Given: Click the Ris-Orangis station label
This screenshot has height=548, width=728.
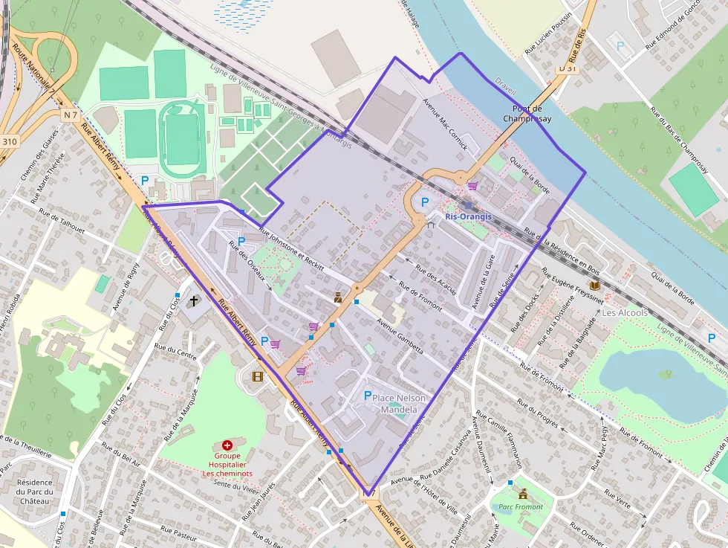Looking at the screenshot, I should pyautogui.click(x=468, y=216).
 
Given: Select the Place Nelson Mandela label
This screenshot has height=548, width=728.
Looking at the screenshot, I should pyautogui.click(x=403, y=404).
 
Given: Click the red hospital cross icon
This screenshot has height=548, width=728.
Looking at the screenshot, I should pyautogui.click(x=227, y=445).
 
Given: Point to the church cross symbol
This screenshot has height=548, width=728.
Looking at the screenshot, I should pyautogui.click(x=194, y=301).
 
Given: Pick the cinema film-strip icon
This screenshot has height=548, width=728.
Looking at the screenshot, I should pyautogui.click(x=257, y=376).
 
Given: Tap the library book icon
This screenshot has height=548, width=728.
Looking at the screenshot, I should pyautogui.click(x=594, y=286).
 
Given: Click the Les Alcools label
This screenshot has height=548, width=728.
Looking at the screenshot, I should pyautogui.click(x=624, y=313).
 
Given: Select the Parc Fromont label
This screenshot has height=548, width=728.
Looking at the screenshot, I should pyautogui.click(x=521, y=507).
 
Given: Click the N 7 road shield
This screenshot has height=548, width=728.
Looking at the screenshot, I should pyautogui.click(x=71, y=115).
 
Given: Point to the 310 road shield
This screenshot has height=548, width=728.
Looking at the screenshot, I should pyautogui.click(x=9, y=141).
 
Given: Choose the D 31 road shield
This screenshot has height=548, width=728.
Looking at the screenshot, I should pyautogui.click(x=567, y=68).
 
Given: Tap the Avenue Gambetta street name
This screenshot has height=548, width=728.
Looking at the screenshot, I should pyautogui.click(x=400, y=335).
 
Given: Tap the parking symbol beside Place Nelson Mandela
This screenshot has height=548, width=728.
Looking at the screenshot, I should pyautogui.click(x=367, y=396).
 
